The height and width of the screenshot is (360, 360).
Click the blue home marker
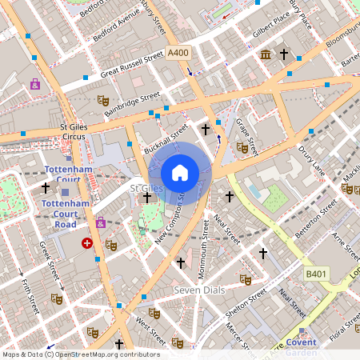tap(180, 172)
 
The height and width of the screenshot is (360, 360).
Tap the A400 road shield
tap(178, 52)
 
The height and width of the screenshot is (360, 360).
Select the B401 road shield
tap(316, 274)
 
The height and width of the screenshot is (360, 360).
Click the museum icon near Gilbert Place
tap(265, 54)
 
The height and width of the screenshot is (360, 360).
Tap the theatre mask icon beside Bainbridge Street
tap(102, 100)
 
